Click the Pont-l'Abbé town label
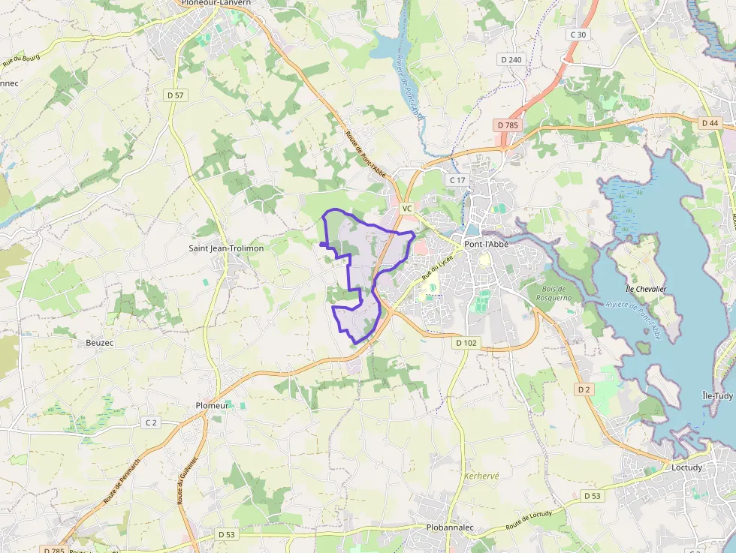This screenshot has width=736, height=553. point(492,244)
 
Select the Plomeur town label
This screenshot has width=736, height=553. point(211,405)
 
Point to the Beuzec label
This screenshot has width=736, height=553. point(99,342)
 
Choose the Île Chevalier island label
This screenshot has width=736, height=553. point(645,289)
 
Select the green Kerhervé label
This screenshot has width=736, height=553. point(481,476)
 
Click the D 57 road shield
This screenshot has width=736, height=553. point(176,95)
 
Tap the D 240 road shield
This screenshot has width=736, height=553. point(511,59)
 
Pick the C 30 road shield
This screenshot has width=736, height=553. point(578,35)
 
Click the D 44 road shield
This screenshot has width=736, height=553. point(710,122)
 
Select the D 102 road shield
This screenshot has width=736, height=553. point(466,342)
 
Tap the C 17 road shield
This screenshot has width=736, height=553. point(457,180)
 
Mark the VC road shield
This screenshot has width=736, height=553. point(407,208)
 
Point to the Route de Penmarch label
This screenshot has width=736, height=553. point(120,482)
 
